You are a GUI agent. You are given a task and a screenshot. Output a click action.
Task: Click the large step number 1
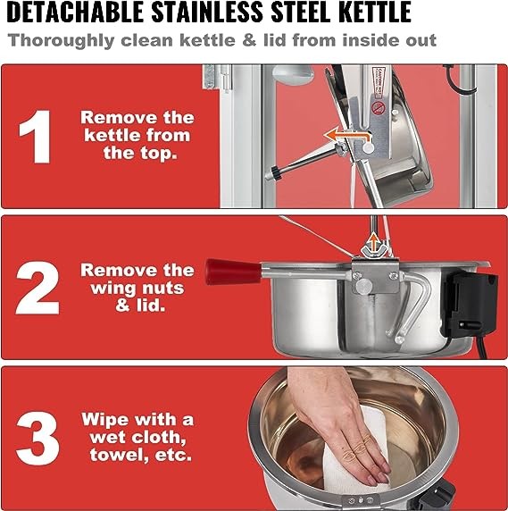[36, 137]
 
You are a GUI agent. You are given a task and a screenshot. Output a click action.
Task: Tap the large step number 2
[37, 288]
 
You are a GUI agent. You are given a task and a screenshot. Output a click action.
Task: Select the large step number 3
[37, 439]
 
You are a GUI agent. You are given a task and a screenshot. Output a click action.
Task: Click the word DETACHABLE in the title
[75, 12]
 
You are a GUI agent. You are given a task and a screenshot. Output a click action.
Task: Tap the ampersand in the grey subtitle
[249, 40]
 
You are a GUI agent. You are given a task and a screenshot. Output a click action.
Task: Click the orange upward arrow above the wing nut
[374, 242]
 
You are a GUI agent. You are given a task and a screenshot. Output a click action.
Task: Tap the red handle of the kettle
[234, 272]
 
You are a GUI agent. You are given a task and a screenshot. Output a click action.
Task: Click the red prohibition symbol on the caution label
[379, 107]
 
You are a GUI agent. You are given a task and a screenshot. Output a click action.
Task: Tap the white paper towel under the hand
[356, 457]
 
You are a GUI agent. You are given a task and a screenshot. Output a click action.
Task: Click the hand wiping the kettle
[338, 423]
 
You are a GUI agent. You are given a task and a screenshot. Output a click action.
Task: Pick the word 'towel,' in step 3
[119, 455]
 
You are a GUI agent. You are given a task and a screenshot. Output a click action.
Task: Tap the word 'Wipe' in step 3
[105, 420]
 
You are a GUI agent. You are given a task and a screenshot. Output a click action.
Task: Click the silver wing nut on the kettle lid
[374, 251]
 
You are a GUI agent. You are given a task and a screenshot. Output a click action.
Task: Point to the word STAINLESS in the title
[207, 12]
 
